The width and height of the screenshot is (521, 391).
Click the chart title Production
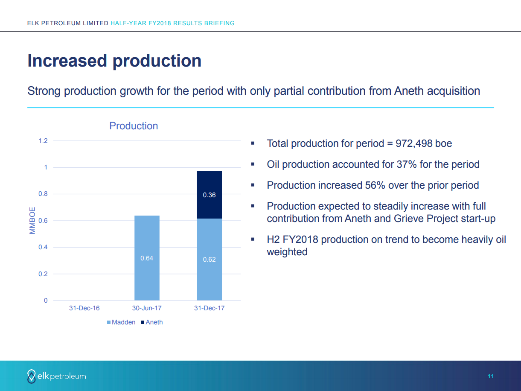tap(134, 126)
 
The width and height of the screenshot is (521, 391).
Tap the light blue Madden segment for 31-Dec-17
tap(209, 277)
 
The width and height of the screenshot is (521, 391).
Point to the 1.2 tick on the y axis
tap(43, 141)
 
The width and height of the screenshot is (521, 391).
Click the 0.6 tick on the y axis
tap(43, 221)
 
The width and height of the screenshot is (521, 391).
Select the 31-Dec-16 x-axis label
tap(84, 308)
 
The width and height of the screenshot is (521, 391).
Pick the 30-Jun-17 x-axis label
tap(147, 308)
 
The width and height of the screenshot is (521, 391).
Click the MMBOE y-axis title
tap(32, 221)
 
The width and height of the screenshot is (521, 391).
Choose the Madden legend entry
tap(121, 322)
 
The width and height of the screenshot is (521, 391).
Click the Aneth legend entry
tap(152, 322)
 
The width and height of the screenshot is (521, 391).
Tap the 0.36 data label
tap(209, 195)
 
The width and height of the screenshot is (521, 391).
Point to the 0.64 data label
tap(147, 258)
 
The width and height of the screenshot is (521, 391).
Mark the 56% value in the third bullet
tap(375, 185)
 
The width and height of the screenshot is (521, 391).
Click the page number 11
tap(491, 376)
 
